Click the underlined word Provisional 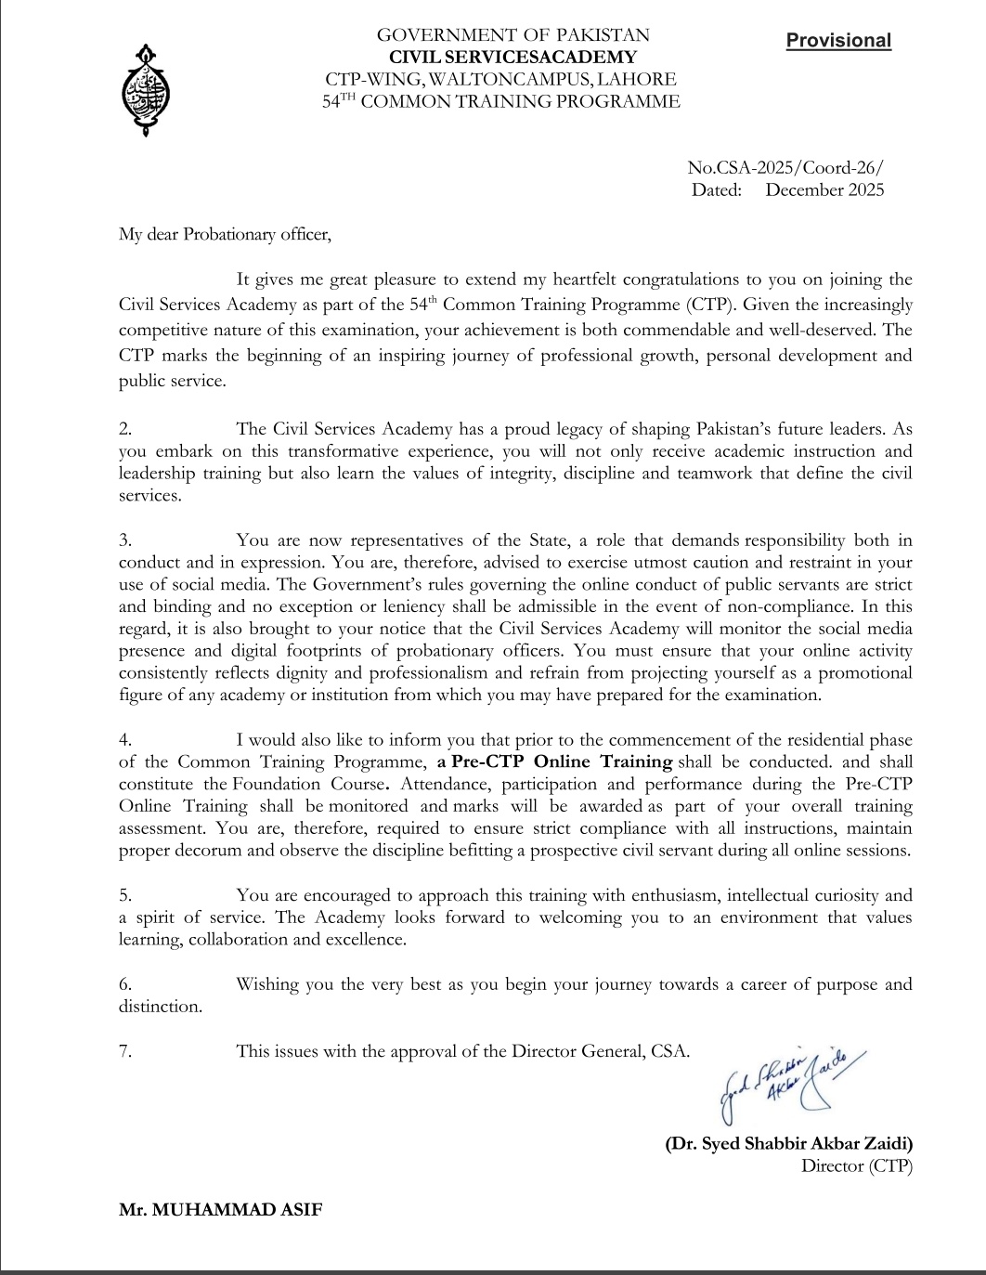pos(838,41)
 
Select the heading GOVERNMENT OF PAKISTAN pos(512,35)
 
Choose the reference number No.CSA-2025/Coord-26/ pos(785,168)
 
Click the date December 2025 pos(824,190)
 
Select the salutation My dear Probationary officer pos(225,234)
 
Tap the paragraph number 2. pos(125,429)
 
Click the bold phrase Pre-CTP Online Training pos(562,761)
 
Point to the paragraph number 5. pos(125,895)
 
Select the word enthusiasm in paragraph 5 pos(674,895)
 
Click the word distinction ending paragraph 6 pos(159,1007)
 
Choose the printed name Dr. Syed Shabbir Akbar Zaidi pos(788,1143)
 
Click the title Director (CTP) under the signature pos(856,1165)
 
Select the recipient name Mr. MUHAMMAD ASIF pos(221,1210)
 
